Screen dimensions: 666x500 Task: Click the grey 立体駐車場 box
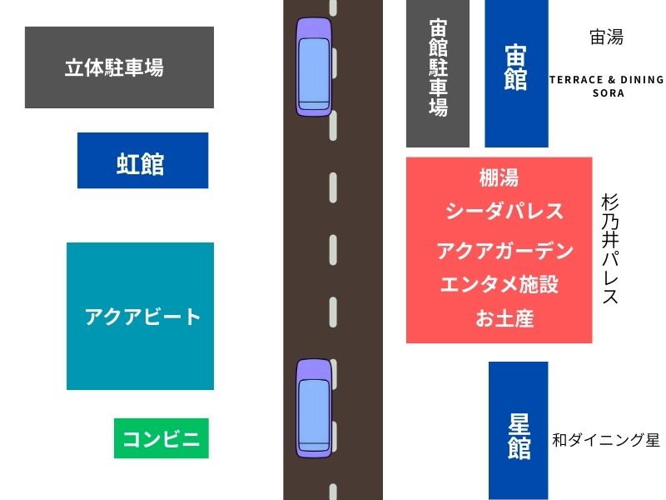[x=119, y=67]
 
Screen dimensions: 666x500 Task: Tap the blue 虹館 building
[x=142, y=160]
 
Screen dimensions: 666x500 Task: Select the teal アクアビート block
[x=140, y=316]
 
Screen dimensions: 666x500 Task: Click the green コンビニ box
[x=162, y=438]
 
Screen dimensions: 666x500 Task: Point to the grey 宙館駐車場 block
[x=438, y=73]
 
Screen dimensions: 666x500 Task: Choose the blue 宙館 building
[x=516, y=73]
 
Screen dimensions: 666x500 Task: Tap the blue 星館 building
[x=518, y=431]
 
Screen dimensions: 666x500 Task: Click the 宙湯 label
[x=607, y=37]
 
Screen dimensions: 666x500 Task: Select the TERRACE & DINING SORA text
[x=607, y=87]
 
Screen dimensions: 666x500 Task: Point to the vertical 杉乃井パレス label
[x=610, y=248]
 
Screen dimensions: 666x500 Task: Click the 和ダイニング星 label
[x=606, y=440]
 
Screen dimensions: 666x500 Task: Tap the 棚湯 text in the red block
[x=499, y=177]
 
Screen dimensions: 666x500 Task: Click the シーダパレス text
[x=504, y=211]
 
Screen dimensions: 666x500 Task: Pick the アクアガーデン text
[x=505, y=251]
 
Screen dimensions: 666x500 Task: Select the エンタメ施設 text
[x=499, y=284]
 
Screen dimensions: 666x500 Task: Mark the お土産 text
[x=504, y=318]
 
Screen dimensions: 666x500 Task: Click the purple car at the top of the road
[x=314, y=67]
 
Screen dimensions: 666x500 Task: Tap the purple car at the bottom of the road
[x=314, y=408]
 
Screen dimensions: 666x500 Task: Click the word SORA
[x=609, y=93]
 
